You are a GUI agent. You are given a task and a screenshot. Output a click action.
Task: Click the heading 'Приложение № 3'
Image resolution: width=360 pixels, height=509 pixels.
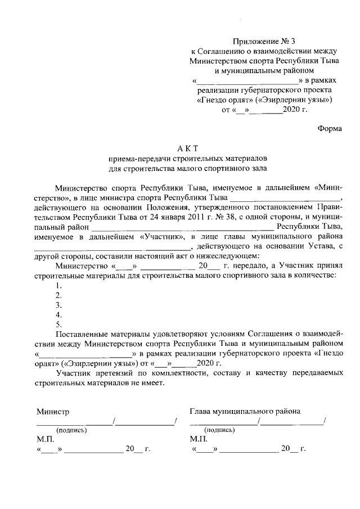[263, 42]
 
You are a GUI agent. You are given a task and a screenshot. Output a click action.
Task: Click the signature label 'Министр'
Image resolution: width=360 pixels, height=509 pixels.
[53, 411]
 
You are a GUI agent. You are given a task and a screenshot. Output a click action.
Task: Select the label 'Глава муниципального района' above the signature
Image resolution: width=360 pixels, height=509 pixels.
[245, 411]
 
